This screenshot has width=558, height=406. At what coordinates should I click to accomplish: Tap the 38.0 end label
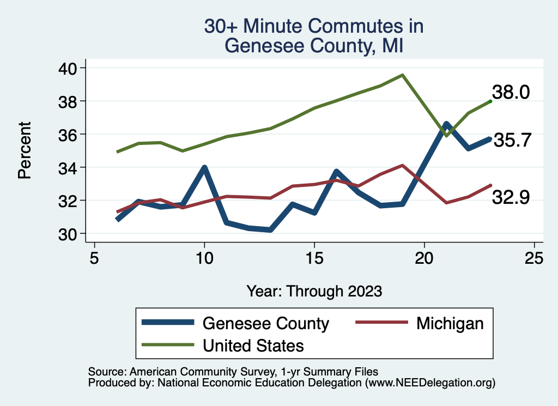(511, 92)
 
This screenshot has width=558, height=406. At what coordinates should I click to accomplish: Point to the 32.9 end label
(511, 197)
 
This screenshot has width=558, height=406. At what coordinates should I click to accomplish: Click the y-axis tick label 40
(69, 68)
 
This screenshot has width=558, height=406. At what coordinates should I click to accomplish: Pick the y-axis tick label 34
(69, 167)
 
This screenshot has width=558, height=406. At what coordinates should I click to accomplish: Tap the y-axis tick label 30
(69, 234)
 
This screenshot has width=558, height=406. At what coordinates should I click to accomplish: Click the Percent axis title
(24, 150)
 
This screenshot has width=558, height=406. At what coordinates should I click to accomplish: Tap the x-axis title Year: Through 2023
(314, 291)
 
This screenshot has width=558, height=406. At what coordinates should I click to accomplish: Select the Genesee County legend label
(266, 323)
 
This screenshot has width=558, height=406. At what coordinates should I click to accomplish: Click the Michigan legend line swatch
(381, 323)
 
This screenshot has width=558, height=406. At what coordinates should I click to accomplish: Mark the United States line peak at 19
(402, 75)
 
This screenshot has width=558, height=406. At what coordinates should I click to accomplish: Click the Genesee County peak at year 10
(204, 168)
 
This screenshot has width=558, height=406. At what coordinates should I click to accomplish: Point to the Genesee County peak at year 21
(446, 124)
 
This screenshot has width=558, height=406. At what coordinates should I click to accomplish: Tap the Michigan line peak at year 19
(402, 165)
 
